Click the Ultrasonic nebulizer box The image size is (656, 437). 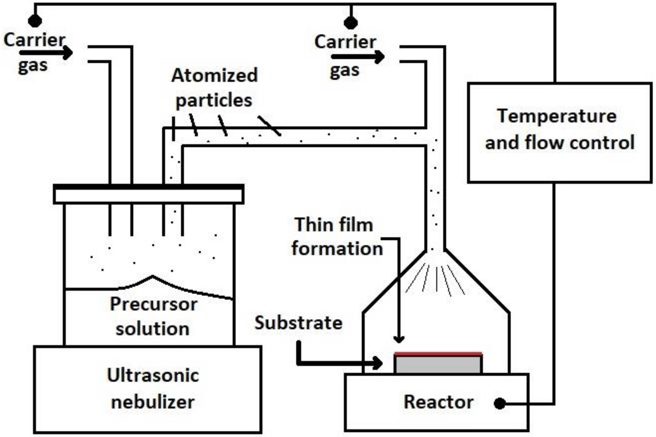pyautogui.click(x=148, y=389)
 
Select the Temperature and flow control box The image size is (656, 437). pyautogui.click(x=559, y=132)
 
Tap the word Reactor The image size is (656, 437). pyautogui.click(x=438, y=402)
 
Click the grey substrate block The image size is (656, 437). pyautogui.click(x=438, y=364)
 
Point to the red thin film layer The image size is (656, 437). pyautogui.click(x=438, y=354)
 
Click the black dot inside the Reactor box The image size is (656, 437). pyautogui.click(x=500, y=403)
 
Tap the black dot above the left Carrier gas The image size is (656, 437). pyautogui.click(x=35, y=21)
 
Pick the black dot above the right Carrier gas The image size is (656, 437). pyautogui.click(x=350, y=23)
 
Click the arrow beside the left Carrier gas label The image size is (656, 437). pyautogui.click(x=47, y=53)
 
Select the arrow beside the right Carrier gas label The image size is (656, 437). pyautogui.click(x=359, y=57)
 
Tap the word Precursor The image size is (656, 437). pyautogui.click(x=153, y=304)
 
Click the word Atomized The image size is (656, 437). pyautogui.click(x=215, y=75)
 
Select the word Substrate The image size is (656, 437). pyautogui.click(x=298, y=323)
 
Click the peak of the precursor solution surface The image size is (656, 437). pyautogui.click(x=153, y=276)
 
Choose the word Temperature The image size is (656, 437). pyautogui.click(x=557, y=116)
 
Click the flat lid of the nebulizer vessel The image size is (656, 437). pyautogui.click(x=148, y=194)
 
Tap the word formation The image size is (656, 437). pyautogui.click(x=337, y=249)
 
